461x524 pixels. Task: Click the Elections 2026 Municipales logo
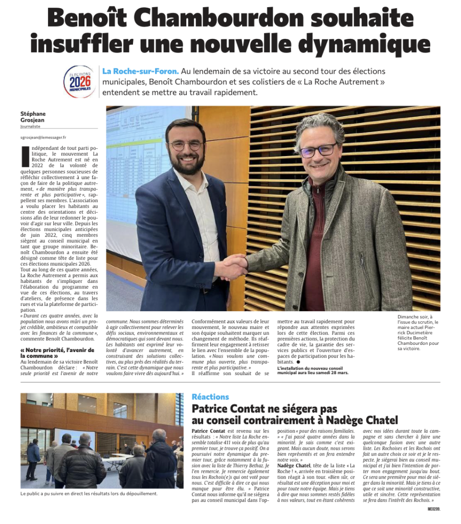pyautogui.click(x=79, y=81)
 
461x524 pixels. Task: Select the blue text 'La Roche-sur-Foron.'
pyautogui.click(x=140, y=71)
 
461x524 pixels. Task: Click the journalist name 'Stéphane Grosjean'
pyautogui.click(x=33, y=117)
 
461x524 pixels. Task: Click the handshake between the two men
pyautogui.click(x=234, y=267)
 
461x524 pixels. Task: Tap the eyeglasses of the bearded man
pyautogui.click(x=186, y=145)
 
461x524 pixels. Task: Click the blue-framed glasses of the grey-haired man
pyautogui.click(x=318, y=150)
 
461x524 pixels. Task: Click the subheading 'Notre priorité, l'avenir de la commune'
pyautogui.click(x=57, y=353)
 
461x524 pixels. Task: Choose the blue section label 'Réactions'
pyautogui.click(x=210, y=397)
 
